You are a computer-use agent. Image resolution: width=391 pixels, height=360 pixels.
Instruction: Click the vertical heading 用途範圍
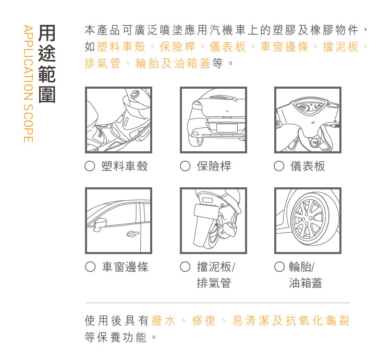point(46,64)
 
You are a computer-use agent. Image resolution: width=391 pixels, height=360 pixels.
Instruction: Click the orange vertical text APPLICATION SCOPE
point(28,83)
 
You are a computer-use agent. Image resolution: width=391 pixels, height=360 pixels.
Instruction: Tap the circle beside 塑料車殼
point(90,166)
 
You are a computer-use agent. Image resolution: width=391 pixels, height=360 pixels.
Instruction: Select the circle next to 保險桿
point(185,166)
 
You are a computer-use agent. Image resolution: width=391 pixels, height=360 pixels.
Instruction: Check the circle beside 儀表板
point(279,166)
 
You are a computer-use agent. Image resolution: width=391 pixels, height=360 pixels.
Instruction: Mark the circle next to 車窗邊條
point(90,267)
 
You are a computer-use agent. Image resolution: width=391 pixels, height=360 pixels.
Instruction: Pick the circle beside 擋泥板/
point(185,267)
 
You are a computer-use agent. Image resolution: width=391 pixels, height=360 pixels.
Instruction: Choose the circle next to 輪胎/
point(279,267)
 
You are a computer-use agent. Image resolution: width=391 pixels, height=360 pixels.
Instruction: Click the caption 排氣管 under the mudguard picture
point(214,283)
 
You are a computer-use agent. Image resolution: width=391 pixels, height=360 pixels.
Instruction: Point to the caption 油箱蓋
point(306,283)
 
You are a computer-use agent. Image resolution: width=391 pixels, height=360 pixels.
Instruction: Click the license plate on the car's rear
point(227,128)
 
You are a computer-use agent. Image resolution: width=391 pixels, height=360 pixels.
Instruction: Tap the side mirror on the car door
point(100,224)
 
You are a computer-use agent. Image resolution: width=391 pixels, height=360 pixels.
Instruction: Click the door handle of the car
point(132,234)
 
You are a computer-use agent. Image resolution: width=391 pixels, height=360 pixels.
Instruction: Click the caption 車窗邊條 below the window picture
point(125,267)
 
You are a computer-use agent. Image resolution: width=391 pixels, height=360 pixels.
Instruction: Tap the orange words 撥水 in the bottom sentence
point(164,320)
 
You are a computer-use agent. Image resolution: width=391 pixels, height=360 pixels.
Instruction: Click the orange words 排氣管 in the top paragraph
point(103,63)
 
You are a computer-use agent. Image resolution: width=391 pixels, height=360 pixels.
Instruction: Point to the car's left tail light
point(197,105)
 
